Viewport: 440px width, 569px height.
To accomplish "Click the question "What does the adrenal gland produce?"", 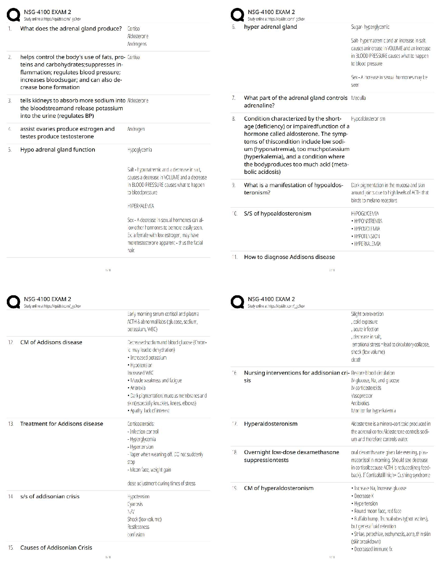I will [x=71, y=29].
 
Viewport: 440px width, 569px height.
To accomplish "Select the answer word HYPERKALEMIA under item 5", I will [x=141, y=206].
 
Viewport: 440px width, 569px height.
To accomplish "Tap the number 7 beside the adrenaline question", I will [x=234, y=98].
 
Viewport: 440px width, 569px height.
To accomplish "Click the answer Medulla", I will [x=358, y=98].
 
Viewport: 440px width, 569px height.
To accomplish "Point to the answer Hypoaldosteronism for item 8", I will [x=368, y=119].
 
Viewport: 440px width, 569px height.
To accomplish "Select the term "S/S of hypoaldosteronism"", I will [x=278, y=214].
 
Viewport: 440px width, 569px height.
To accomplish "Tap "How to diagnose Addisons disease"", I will [x=289, y=257].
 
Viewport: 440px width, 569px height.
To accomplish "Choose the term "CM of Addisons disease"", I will [x=51, y=342].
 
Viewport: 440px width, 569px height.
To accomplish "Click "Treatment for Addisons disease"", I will [x=61, y=424].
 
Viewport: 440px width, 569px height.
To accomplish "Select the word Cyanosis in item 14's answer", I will [x=135, y=504].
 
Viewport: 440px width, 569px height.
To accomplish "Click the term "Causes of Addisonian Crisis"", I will [x=56, y=548].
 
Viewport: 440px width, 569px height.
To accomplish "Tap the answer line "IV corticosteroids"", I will [x=366, y=388].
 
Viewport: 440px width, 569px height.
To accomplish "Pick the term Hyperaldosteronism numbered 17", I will [x=271, y=424].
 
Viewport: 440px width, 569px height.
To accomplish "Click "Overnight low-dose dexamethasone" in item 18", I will [x=291, y=452].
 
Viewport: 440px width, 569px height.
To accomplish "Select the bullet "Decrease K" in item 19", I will [x=363, y=496].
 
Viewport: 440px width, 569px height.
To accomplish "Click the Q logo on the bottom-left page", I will [x=13, y=302].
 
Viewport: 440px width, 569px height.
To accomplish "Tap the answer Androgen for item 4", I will [x=136, y=129].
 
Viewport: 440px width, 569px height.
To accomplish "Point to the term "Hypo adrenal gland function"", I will [x=58, y=150].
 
